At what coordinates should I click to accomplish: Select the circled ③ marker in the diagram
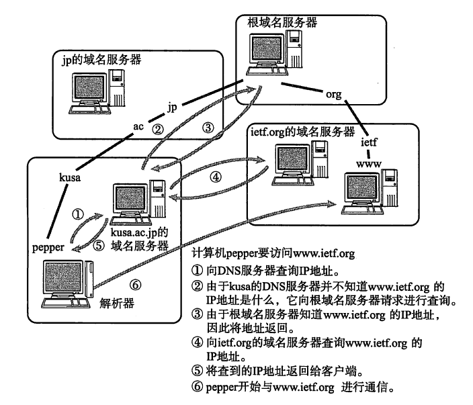coord(208,126)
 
